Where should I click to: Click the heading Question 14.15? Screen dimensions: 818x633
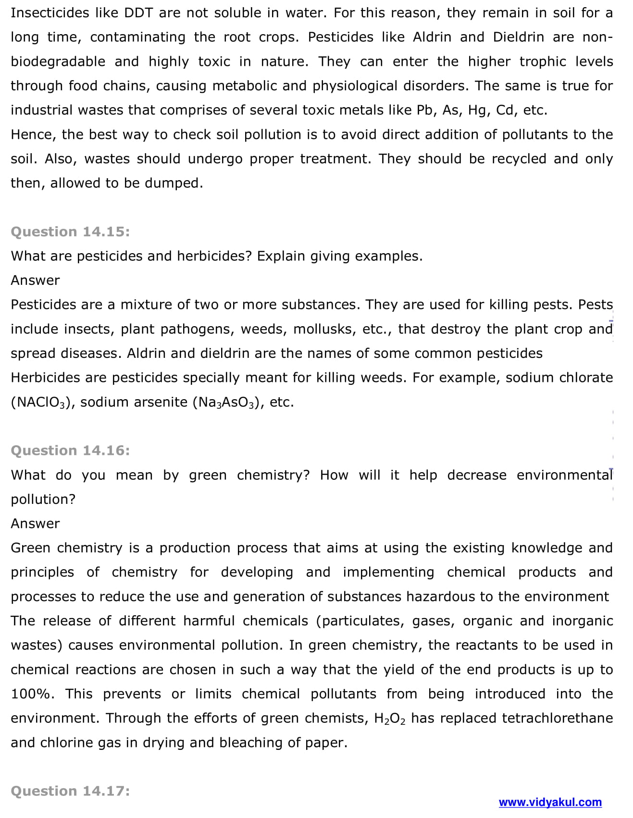pos(70,232)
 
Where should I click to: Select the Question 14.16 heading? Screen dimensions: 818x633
pos(70,450)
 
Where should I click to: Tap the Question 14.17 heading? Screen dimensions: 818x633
pos(70,791)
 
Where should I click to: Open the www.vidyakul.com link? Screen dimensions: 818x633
pos(550,802)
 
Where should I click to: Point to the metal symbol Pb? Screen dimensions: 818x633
pos(425,110)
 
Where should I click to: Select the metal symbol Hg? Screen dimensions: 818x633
pos(478,110)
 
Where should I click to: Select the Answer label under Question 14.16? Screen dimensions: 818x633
pos(35,523)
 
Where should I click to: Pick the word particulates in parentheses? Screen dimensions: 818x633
pos(363,621)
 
